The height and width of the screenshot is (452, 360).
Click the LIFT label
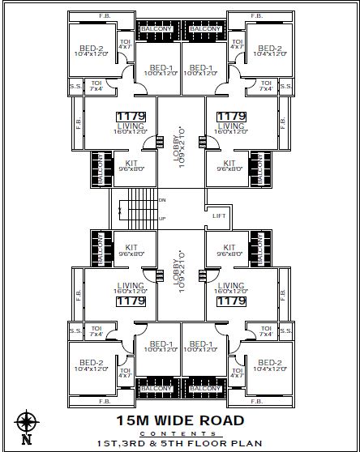(219, 215)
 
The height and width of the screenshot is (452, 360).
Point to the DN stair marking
(162, 200)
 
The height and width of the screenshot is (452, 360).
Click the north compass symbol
(27, 422)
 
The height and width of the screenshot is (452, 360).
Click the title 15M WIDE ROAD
(180, 420)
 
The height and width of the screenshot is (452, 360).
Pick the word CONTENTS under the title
(180, 433)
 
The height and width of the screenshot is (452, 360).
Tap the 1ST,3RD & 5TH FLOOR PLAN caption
(180, 444)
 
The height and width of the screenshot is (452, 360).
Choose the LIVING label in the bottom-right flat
(231, 286)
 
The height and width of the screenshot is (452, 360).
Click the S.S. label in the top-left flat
(75, 86)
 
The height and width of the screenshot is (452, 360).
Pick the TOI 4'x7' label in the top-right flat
(237, 44)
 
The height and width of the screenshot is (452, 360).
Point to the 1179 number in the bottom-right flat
(231, 301)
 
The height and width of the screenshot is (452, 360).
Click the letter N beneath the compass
(27, 440)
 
